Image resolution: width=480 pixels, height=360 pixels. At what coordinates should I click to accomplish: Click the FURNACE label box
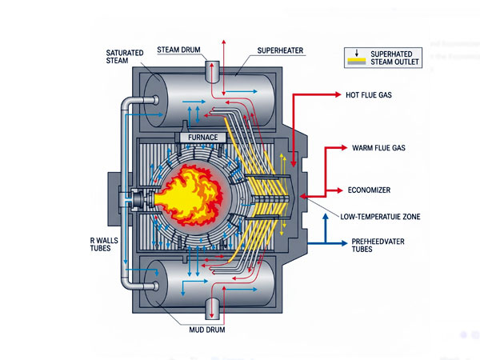pyautogui.click(x=207, y=137)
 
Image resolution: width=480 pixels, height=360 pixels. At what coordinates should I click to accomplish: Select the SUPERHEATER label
pyautogui.click(x=280, y=50)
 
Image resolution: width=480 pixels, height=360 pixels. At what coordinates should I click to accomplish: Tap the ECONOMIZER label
pyautogui.click(x=372, y=190)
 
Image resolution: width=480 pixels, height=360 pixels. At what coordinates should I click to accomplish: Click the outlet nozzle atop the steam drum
pyautogui.click(x=216, y=70)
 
